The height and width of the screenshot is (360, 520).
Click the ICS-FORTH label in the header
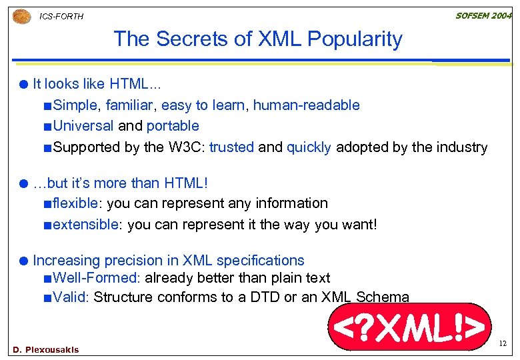point(61,16)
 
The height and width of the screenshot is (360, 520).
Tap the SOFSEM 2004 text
point(483,15)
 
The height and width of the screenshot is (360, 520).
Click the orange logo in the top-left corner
point(21,15)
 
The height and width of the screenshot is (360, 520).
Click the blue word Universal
point(83,126)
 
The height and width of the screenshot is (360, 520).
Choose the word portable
point(173,126)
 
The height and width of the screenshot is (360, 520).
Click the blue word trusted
point(231,147)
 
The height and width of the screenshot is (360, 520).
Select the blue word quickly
point(309,147)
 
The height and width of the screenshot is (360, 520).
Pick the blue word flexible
point(75,203)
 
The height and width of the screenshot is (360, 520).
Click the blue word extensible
point(85,225)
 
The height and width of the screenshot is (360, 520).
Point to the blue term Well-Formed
point(95,278)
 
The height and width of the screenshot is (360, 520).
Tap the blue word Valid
point(69,297)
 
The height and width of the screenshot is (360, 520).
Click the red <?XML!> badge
point(409,327)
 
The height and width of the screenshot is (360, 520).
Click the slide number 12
point(503,344)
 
